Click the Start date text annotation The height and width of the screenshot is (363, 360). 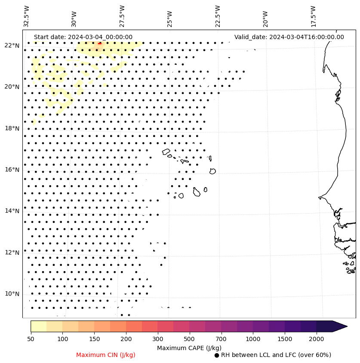83,37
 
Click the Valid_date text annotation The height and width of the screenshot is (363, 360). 289,37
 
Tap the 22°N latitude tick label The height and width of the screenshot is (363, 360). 12,46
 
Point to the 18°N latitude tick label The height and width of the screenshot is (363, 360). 12,128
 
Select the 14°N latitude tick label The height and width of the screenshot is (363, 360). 12,211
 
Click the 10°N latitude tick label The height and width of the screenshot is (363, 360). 12,294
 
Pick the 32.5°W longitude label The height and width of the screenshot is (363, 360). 27,16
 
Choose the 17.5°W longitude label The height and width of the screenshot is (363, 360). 313,16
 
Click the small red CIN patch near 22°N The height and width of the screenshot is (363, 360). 100,43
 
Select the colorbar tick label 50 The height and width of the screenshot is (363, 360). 31,339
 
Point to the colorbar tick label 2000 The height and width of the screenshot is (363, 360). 317,339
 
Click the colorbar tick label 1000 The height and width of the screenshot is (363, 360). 253,339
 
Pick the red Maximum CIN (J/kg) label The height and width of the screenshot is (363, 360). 106,355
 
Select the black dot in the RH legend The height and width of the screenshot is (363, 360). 217,355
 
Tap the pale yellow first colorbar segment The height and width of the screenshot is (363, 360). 38,326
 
